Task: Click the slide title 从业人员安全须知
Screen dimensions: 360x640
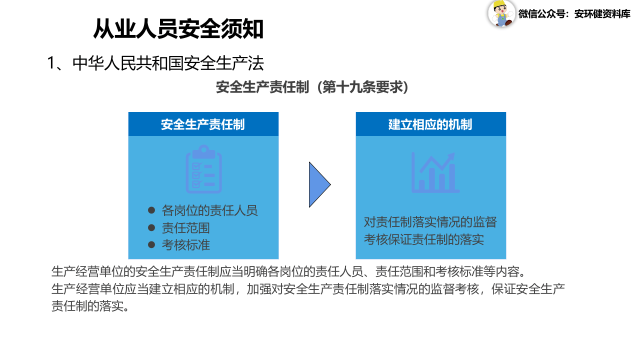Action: (x=178, y=29)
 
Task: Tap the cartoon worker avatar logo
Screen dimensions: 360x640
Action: (x=501, y=13)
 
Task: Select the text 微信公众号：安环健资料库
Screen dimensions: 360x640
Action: (x=574, y=14)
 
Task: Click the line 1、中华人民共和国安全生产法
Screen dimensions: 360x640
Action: (x=155, y=63)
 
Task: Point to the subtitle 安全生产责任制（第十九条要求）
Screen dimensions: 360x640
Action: (x=312, y=87)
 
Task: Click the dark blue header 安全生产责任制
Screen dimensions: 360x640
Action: (x=203, y=124)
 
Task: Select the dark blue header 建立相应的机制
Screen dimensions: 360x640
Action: (x=430, y=124)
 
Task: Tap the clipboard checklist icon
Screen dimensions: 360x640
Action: (x=203, y=169)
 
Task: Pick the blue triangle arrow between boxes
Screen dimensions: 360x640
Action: (x=318, y=184)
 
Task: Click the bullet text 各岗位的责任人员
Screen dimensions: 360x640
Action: (x=209, y=210)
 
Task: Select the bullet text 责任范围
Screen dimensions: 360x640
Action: (x=185, y=228)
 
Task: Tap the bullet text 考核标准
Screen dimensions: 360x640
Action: (x=185, y=245)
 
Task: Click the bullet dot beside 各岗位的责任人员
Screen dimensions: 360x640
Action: (x=151, y=210)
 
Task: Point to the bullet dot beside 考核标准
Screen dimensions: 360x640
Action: (x=151, y=244)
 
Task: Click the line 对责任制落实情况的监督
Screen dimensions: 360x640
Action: (x=430, y=222)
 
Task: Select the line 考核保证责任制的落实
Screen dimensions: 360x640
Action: (x=423, y=239)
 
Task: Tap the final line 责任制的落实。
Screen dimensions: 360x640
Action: (x=90, y=306)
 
